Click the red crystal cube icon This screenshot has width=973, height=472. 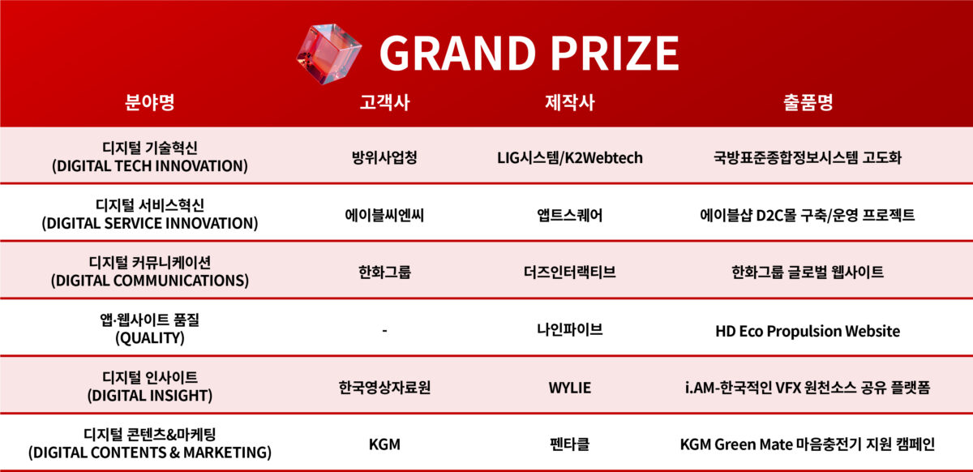point(329,54)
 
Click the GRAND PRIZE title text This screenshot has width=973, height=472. point(529,53)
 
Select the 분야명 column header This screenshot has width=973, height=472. point(149,102)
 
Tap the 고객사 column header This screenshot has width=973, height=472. point(384,102)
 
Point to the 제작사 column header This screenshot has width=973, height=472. point(569,102)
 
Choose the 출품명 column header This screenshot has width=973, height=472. point(808,102)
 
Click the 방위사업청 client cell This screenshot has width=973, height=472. point(384,157)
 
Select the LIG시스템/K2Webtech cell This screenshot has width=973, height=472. point(569,157)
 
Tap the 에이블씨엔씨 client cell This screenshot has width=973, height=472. point(384,215)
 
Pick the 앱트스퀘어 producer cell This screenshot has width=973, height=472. point(569,215)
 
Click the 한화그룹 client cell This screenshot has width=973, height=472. point(384,272)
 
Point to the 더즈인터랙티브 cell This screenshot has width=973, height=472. point(569,272)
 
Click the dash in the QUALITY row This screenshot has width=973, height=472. point(384,331)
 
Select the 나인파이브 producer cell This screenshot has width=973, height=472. point(569,329)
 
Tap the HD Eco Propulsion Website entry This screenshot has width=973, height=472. point(808,331)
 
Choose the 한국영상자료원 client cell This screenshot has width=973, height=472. point(384,387)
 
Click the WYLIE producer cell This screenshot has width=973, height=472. point(569,387)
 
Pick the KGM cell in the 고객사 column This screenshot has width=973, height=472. point(384,444)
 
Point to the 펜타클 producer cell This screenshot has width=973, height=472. point(569,444)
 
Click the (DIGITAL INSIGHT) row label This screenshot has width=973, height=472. point(149,396)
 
